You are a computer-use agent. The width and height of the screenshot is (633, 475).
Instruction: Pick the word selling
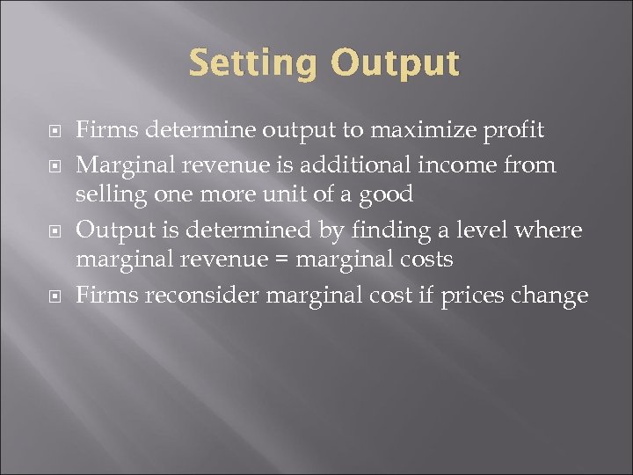(107, 194)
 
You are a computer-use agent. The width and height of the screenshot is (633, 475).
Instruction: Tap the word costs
(423, 260)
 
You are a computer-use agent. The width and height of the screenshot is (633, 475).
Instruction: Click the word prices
(478, 296)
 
